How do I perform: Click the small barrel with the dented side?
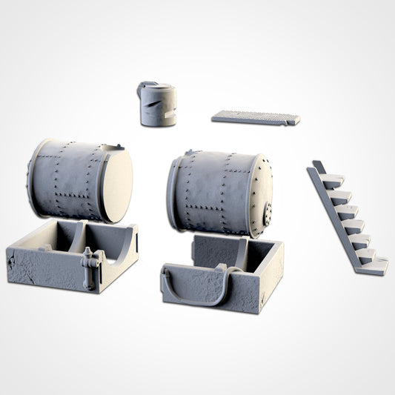click(157, 106)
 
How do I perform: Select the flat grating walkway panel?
click(255, 117)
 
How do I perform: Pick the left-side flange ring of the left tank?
click(31, 178)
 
